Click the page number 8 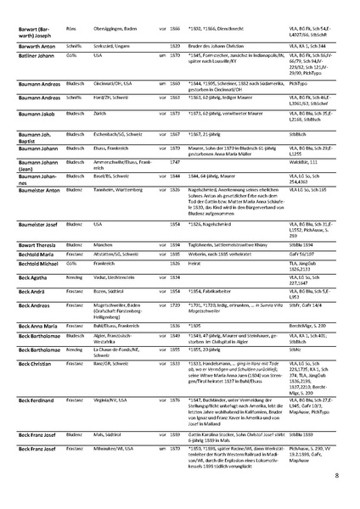[336, 478]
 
